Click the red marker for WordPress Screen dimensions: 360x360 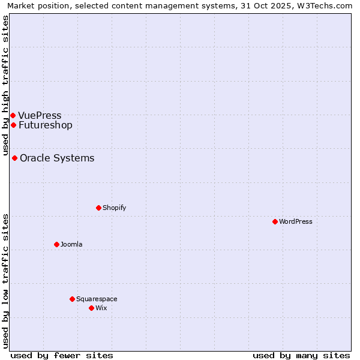pyautogui.click(x=275, y=221)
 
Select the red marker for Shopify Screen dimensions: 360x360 pyautogui.click(x=98, y=208)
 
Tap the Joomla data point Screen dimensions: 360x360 pyautogui.click(x=56, y=244)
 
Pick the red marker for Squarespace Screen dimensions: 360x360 pyautogui.click(x=72, y=299)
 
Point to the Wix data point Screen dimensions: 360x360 pyautogui.click(x=91, y=308)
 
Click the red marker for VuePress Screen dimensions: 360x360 pyautogui.click(x=13, y=115)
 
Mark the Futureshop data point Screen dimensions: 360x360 pyautogui.click(x=13, y=125)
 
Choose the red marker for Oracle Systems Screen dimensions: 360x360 pyautogui.click(x=14, y=158)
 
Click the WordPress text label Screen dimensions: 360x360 pyautogui.click(x=296, y=221)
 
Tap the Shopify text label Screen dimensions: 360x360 pyautogui.click(x=114, y=208)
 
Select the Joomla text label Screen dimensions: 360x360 pyautogui.click(x=71, y=244)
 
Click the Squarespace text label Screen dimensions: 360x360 pyautogui.click(x=97, y=299)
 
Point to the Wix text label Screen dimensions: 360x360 pyautogui.click(x=101, y=308)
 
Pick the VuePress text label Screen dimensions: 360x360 pyautogui.click(x=40, y=115)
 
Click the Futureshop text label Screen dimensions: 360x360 pyautogui.click(x=46, y=125)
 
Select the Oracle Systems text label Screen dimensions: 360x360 pyautogui.click(x=57, y=158)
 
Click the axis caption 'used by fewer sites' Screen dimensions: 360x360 pyautogui.click(x=62, y=355)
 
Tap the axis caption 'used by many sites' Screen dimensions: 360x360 pyautogui.click(x=301, y=355)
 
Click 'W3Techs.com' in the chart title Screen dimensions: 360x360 pyautogui.click(x=327, y=5)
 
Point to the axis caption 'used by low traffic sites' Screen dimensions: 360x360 pyautogui.click(x=6, y=280)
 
